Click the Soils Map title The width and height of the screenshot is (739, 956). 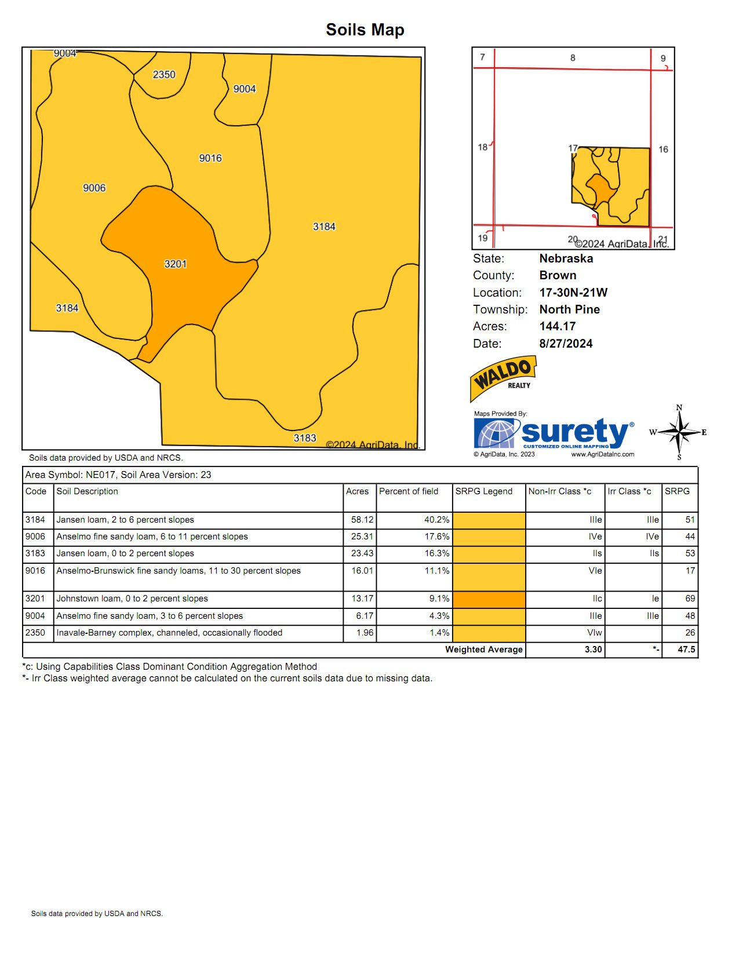tap(365, 30)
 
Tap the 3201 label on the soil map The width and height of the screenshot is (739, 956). tap(175, 264)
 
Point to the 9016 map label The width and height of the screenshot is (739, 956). tap(210, 158)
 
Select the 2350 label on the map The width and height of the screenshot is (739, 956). tap(163, 75)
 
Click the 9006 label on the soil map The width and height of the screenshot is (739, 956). tap(94, 188)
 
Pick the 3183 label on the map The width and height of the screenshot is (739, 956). tap(304, 438)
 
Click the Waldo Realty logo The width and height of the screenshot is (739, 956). tap(503, 378)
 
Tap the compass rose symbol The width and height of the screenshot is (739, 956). tap(679, 432)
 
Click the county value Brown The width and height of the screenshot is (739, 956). tap(558, 275)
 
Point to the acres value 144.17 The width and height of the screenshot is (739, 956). tap(557, 326)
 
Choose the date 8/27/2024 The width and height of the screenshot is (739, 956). tap(566, 344)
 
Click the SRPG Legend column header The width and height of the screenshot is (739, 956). tap(483, 491)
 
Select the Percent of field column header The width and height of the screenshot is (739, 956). tap(409, 491)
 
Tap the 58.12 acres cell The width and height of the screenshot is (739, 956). tap(362, 520)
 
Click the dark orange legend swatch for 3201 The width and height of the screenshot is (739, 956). tap(489, 599)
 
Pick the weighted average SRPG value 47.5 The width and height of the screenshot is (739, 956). tap(686, 650)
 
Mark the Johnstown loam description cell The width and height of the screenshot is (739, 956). tap(132, 599)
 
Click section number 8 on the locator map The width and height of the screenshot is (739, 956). tap(573, 58)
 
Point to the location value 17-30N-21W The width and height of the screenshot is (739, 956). tap(573, 293)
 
